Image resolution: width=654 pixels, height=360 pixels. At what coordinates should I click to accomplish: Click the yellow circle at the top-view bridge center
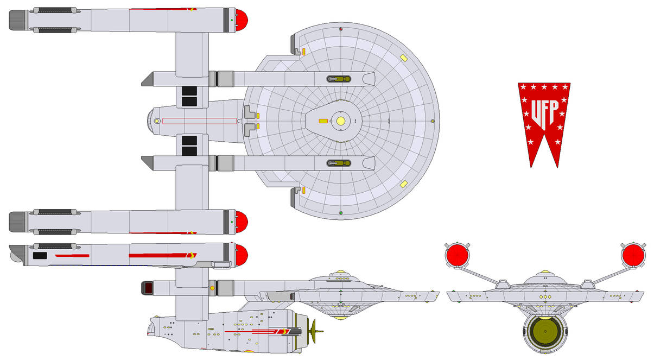pyautogui.click(x=341, y=121)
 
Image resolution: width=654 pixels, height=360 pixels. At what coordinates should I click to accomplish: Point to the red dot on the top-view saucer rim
pyautogui.click(x=340, y=29)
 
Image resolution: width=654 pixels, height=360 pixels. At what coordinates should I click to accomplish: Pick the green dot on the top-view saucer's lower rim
pyautogui.click(x=340, y=213)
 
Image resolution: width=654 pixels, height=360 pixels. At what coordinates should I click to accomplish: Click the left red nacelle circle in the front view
pyautogui.click(x=456, y=254)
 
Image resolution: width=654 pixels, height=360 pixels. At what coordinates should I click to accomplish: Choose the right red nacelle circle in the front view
pyautogui.click(x=633, y=254)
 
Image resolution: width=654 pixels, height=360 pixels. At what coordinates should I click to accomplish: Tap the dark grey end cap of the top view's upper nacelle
pyautogui.click(x=17, y=20)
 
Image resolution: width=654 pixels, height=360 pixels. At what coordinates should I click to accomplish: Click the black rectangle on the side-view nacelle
pyautogui.click(x=40, y=256)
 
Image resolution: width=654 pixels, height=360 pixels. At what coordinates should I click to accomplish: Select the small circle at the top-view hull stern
pyautogui.click(x=157, y=121)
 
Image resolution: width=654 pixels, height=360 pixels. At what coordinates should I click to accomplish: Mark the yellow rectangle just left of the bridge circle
pyautogui.click(x=322, y=121)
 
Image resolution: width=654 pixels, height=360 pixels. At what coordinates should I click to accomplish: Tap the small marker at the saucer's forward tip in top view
pyautogui.click(x=433, y=121)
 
